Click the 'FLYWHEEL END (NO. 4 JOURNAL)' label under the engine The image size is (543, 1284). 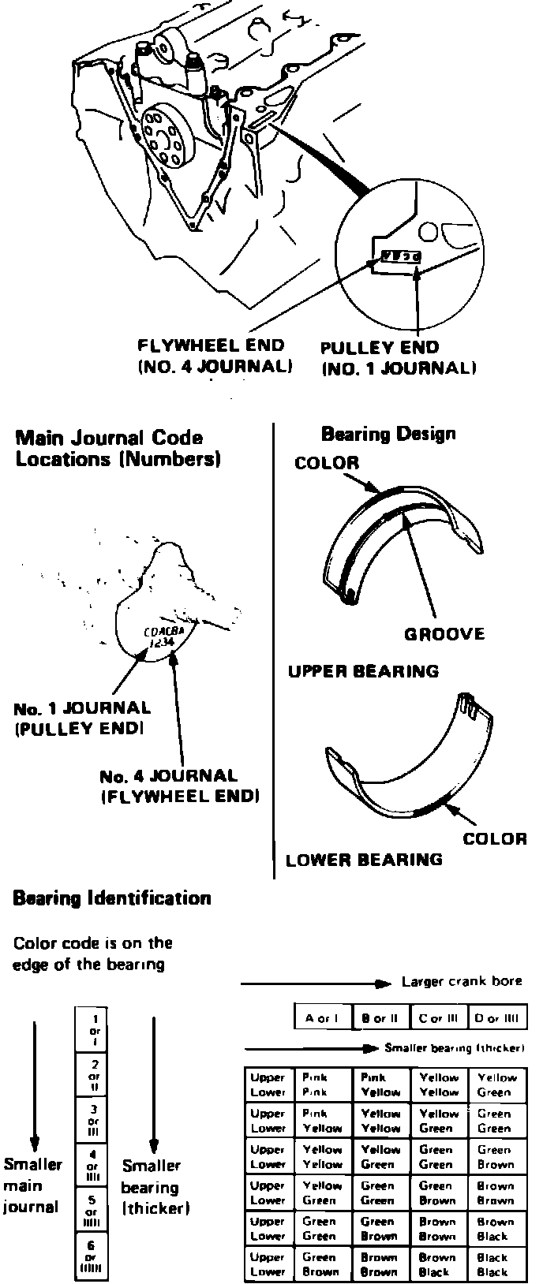(211, 356)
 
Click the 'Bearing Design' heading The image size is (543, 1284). (388, 434)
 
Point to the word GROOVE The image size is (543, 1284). (444, 634)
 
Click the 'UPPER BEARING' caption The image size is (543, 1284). (362, 672)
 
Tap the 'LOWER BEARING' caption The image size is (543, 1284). (364, 859)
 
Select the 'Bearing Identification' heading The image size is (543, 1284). (112, 898)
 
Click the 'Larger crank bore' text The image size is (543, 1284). (462, 982)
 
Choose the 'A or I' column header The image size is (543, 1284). (322, 1018)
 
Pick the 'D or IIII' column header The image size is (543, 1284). (496, 1018)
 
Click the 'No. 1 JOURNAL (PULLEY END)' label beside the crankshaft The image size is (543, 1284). (81, 718)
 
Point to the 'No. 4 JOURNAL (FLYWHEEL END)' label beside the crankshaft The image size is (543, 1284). (180, 786)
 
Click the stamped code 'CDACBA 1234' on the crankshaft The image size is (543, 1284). (165, 635)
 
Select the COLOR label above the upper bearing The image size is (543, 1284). (327, 463)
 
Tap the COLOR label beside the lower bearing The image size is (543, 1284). (494, 838)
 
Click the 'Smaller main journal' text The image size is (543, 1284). (32, 1185)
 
